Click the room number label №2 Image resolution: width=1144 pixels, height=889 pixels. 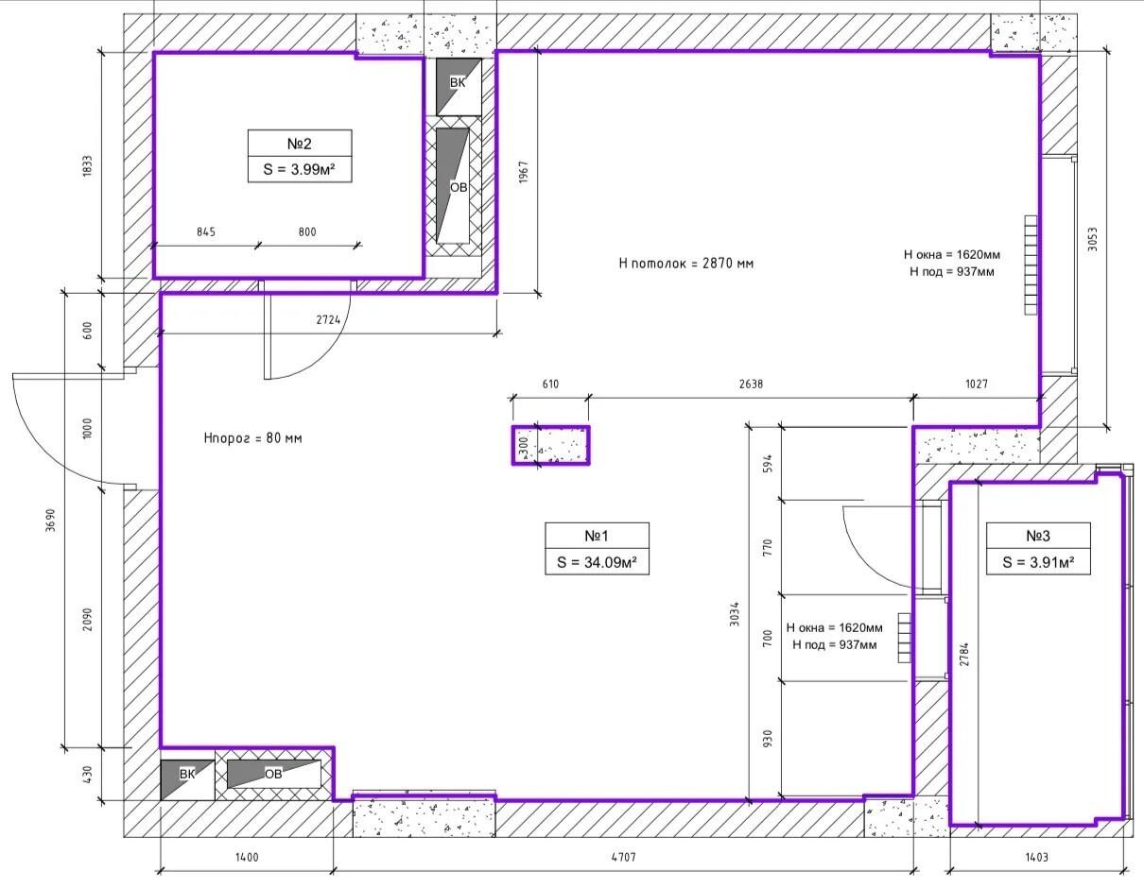(x=299, y=144)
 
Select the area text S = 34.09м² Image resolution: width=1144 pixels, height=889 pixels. (x=597, y=562)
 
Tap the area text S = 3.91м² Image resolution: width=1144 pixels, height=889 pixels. (x=1038, y=562)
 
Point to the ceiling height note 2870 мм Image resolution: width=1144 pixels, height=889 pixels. (x=686, y=263)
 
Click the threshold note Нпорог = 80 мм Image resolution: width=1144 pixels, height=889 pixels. (x=252, y=438)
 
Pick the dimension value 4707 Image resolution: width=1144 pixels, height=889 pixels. (x=623, y=858)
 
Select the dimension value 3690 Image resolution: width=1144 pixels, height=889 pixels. (x=50, y=520)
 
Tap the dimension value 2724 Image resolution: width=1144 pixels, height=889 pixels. (x=328, y=319)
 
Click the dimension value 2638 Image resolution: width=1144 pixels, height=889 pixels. (x=751, y=384)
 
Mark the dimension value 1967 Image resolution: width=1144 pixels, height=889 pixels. (x=523, y=172)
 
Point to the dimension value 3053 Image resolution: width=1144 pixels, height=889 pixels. (x=1093, y=239)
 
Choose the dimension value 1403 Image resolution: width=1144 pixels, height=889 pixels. (x=1036, y=858)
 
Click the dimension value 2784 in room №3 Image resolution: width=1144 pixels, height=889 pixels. (x=964, y=655)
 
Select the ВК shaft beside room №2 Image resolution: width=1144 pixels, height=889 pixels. (x=459, y=87)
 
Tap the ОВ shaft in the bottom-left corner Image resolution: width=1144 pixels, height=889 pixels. (x=274, y=774)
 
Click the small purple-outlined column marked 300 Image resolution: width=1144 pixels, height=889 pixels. (x=550, y=446)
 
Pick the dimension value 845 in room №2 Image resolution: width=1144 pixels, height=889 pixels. (x=206, y=232)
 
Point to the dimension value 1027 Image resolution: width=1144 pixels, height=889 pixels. (x=977, y=384)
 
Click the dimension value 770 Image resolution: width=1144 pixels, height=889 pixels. (x=767, y=548)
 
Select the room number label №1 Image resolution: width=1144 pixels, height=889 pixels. (x=597, y=536)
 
